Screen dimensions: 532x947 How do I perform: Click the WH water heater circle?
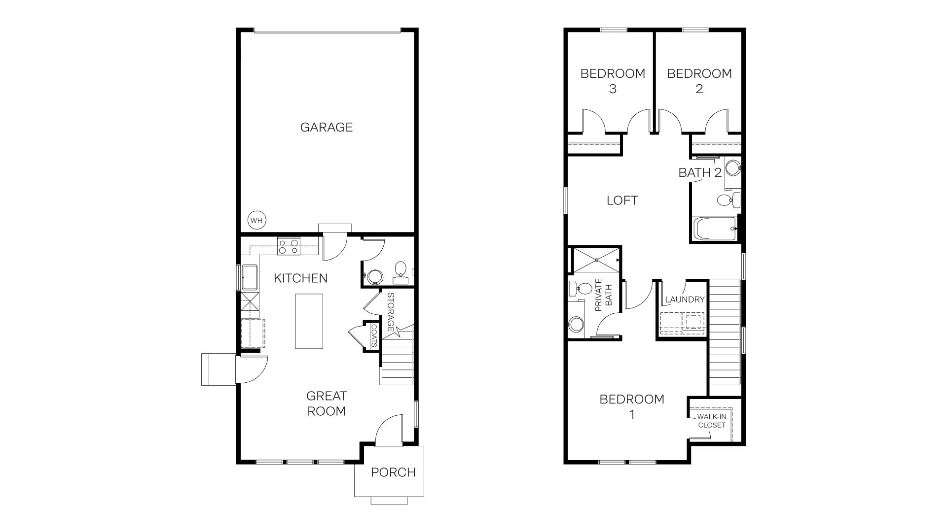pyautogui.click(x=256, y=220)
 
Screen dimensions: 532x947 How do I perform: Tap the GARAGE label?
pyautogui.click(x=327, y=127)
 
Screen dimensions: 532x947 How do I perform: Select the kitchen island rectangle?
pyautogui.click(x=309, y=321)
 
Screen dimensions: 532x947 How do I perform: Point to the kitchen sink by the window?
pyautogui.click(x=249, y=278)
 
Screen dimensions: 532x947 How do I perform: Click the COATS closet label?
pyautogui.click(x=374, y=336)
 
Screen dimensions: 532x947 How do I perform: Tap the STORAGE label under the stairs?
pyautogui.click(x=391, y=312)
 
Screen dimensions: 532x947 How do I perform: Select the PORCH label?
pyautogui.click(x=393, y=472)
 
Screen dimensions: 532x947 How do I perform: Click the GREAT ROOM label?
pyautogui.click(x=326, y=403)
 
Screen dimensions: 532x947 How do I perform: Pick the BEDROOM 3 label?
pyautogui.click(x=613, y=81)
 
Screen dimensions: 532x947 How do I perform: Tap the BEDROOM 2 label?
pyautogui.click(x=699, y=81)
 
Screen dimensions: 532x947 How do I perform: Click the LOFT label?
pyautogui.click(x=622, y=200)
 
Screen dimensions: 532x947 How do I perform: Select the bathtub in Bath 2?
pyautogui.click(x=714, y=229)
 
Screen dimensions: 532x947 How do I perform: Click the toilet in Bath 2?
pyautogui.click(x=728, y=200)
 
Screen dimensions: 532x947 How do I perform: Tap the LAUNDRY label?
pyautogui.click(x=685, y=299)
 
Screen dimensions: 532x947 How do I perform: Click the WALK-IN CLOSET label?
pyautogui.click(x=711, y=421)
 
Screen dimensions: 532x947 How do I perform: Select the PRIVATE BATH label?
pyautogui.click(x=603, y=296)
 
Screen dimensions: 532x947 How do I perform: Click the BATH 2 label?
pyautogui.click(x=700, y=172)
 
